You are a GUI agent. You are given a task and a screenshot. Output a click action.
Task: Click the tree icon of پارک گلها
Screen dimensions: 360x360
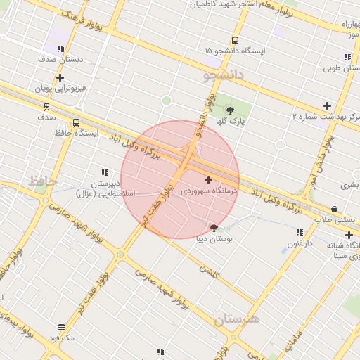tap(230, 110)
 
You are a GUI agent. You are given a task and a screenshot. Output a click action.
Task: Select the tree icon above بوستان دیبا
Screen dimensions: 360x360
tap(214, 228)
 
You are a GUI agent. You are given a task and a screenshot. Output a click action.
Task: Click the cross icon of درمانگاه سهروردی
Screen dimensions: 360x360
tap(208, 180)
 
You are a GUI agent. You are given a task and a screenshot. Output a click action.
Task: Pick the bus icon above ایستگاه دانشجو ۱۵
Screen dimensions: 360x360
tap(234, 41)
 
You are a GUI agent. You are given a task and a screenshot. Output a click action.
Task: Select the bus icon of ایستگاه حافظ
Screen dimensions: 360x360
tap(76, 122)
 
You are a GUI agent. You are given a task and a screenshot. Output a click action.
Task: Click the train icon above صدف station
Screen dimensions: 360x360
tap(46, 108)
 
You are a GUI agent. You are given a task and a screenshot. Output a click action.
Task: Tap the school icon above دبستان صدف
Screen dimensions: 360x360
tap(60, 49)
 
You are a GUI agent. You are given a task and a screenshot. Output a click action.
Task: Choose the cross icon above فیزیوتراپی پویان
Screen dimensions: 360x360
tap(60, 78)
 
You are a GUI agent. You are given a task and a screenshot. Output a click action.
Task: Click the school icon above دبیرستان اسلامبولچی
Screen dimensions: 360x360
tap(105, 172)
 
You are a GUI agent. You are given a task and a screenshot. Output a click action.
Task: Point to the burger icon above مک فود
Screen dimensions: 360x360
tap(62, 328)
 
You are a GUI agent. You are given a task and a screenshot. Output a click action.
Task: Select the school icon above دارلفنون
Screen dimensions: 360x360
tap(300, 232)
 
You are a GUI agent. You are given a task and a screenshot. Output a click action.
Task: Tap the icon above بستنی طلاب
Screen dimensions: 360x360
tap(333, 209)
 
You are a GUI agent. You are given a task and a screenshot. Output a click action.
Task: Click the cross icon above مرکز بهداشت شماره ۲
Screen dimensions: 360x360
tap(327, 106)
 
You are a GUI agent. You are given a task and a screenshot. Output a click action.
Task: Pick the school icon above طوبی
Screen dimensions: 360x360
tap(347, 56)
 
